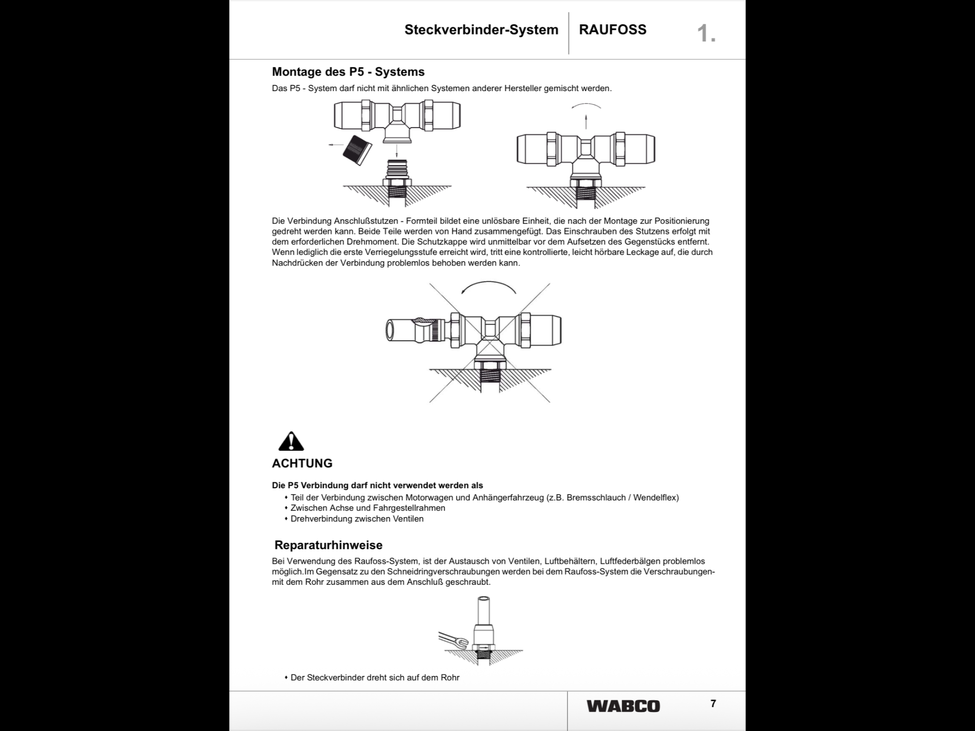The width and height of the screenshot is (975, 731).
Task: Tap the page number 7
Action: [x=713, y=704]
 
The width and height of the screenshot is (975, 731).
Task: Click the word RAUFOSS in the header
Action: [x=612, y=30]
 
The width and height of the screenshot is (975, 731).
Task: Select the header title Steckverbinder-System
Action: [x=481, y=30]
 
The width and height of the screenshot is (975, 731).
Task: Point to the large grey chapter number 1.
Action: [x=706, y=34]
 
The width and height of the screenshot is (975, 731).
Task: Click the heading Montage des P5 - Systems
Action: [x=348, y=72]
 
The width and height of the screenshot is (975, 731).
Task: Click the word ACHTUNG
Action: [x=302, y=463]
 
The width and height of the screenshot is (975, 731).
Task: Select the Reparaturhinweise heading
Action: [x=328, y=545]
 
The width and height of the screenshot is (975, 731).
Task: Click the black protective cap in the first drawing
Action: [x=357, y=150]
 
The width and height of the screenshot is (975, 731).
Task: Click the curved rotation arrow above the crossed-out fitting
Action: [x=489, y=288]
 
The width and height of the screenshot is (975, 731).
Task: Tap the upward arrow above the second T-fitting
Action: [x=586, y=121]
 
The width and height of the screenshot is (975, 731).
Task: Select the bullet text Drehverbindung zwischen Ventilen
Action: [x=357, y=519]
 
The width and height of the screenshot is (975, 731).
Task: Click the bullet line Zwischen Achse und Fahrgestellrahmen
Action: [x=368, y=508]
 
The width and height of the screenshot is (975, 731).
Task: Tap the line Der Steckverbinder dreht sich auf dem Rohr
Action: [x=375, y=677]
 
